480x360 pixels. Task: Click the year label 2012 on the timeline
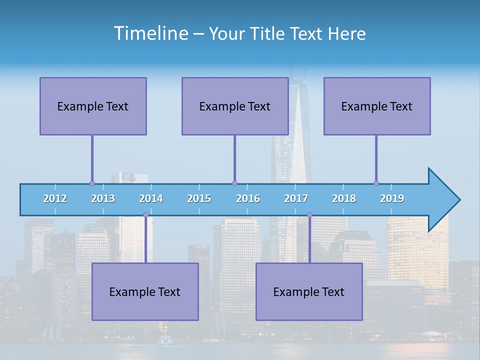(x=55, y=198)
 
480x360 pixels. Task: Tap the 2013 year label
(x=103, y=198)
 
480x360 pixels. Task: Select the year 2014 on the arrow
(x=151, y=198)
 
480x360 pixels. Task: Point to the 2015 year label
(x=199, y=198)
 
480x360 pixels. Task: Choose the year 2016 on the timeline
(x=248, y=198)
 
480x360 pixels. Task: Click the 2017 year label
(x=296, y=198)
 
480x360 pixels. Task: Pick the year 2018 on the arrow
(x=344, y=198)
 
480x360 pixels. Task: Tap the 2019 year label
(x=392, y=198)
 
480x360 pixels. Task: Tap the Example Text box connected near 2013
(x=93, y=106)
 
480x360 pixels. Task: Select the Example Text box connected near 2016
(x=235, y=106)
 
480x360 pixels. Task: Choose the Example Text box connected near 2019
(x=377, y=106)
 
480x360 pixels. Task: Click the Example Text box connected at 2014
(x=145, y=291)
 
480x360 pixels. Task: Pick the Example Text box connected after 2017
(x=309, y=291)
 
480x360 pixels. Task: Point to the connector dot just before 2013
(x=92, y=183)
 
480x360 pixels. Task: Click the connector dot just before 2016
(x=234, y=183)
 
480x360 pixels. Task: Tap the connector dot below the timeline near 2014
(x=145, y=215)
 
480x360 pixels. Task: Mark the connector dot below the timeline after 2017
(x=309, y=215)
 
